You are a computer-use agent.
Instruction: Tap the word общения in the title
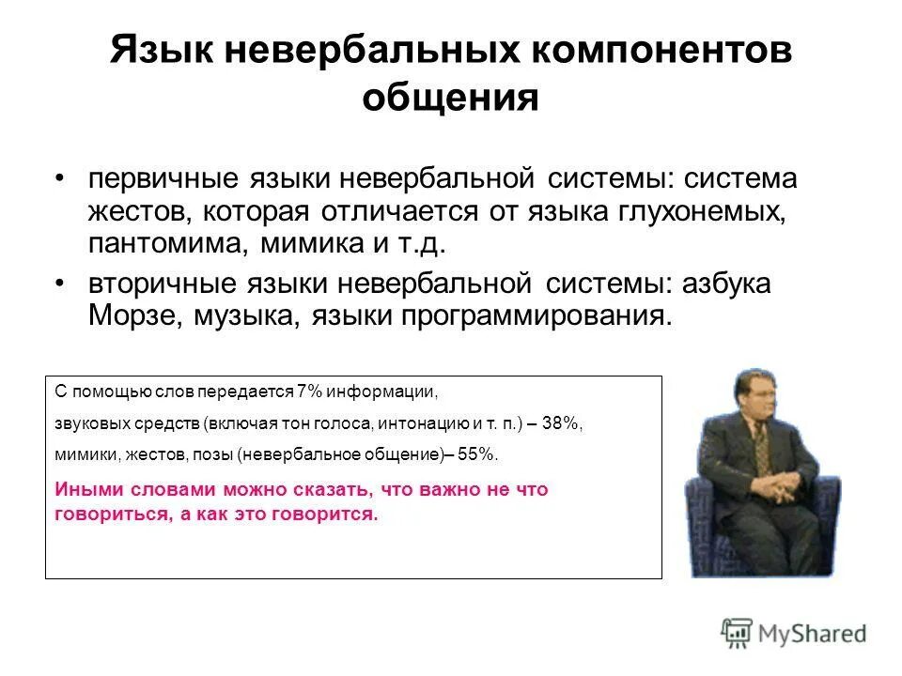tap(450, 99)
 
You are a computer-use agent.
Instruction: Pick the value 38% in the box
tap(561, 423)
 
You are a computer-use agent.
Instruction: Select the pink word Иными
tap(84, 490)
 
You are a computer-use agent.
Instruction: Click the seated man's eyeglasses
tap(754, 399)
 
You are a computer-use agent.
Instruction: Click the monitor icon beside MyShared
tap(738, 632)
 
